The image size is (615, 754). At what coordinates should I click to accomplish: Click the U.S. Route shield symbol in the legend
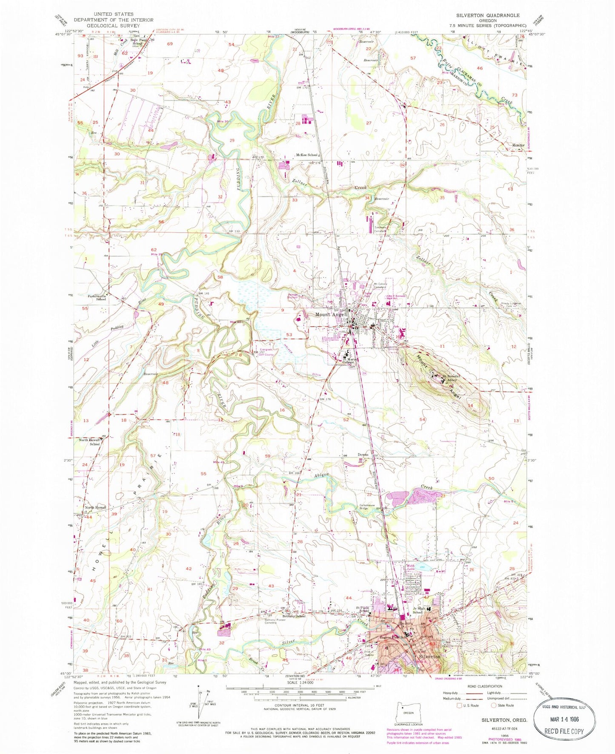pos(459,705)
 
